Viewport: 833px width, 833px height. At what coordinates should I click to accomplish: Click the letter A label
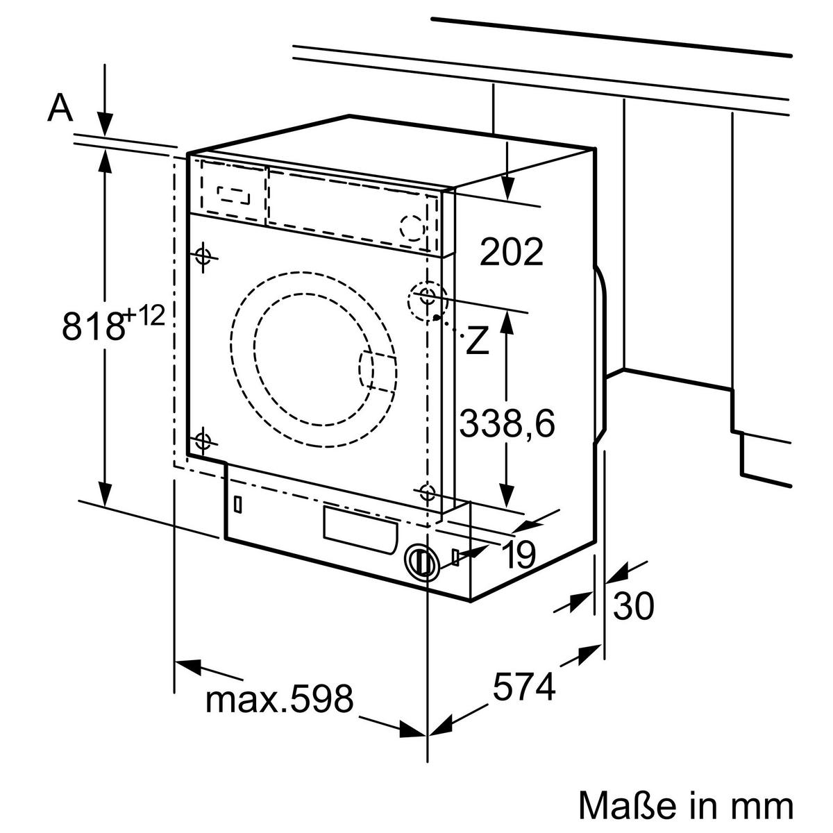60,108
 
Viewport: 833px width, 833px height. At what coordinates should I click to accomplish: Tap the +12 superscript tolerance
144,316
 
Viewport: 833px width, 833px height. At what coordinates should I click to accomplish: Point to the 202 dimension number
512,251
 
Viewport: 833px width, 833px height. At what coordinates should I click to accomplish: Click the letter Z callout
478,341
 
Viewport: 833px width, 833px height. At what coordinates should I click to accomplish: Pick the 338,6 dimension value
507,423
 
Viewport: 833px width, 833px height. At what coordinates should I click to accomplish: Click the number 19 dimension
516,554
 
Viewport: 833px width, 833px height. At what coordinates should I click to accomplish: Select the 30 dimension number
632,606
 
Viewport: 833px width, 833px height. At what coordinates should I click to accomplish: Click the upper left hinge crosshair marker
203,255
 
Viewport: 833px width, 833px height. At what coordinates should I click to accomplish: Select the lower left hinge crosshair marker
202,440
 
